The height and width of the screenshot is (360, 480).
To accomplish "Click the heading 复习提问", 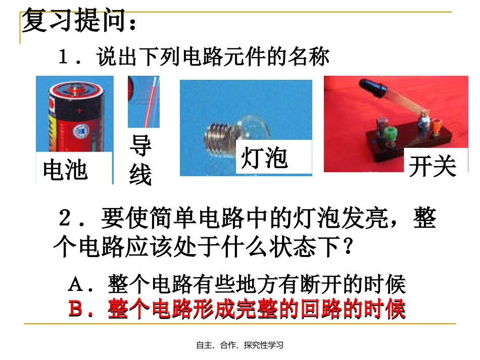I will (x=78, y=22).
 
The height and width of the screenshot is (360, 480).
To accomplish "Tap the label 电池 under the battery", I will (x=65, y=170).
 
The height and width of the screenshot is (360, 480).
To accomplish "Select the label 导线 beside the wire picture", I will (x=140, y=160).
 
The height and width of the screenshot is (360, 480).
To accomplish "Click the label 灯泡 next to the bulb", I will (x=264, y=159).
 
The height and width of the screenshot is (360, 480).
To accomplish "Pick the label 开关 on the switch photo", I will (x=432, y=166).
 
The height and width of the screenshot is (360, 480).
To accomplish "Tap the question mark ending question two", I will (x=347, y=247).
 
